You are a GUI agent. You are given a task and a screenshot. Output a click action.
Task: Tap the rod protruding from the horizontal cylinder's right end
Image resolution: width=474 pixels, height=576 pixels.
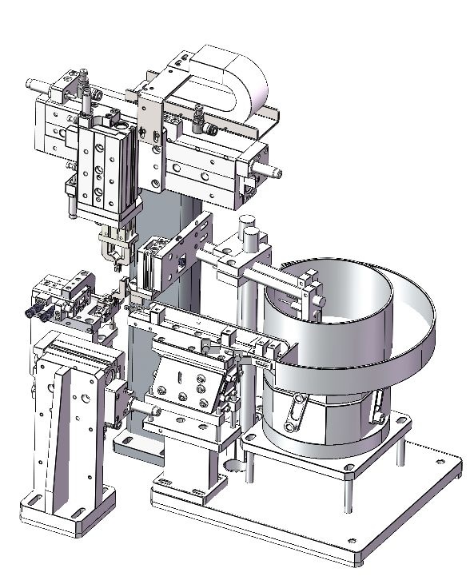point(273,169)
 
